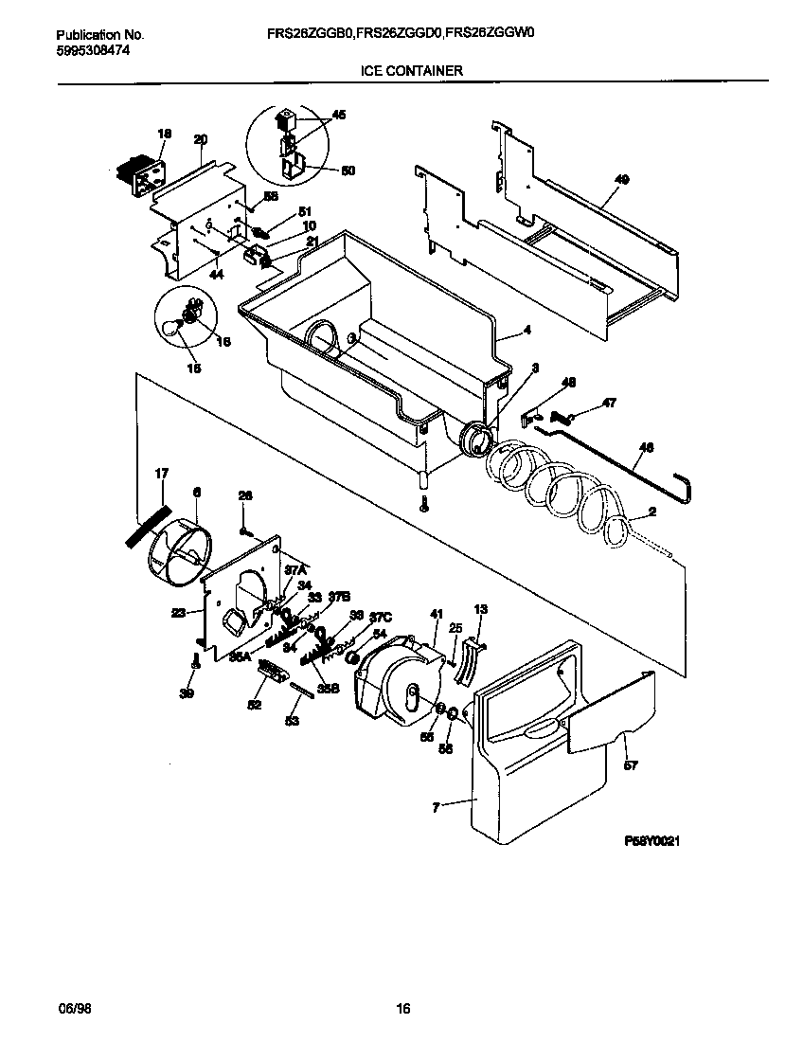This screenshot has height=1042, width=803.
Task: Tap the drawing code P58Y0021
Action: (x=652, y=840)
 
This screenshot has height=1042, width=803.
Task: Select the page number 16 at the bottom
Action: (x=402, y=1009)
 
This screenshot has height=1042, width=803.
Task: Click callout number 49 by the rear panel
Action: (x=621, y=178)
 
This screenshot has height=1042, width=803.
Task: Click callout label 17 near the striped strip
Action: (x=161, y=473)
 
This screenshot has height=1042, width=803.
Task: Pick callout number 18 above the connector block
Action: (x=164, y=135)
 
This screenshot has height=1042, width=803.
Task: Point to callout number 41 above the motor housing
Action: (x=437, y=614)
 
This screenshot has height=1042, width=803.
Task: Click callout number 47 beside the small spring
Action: (x=609, y=403)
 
